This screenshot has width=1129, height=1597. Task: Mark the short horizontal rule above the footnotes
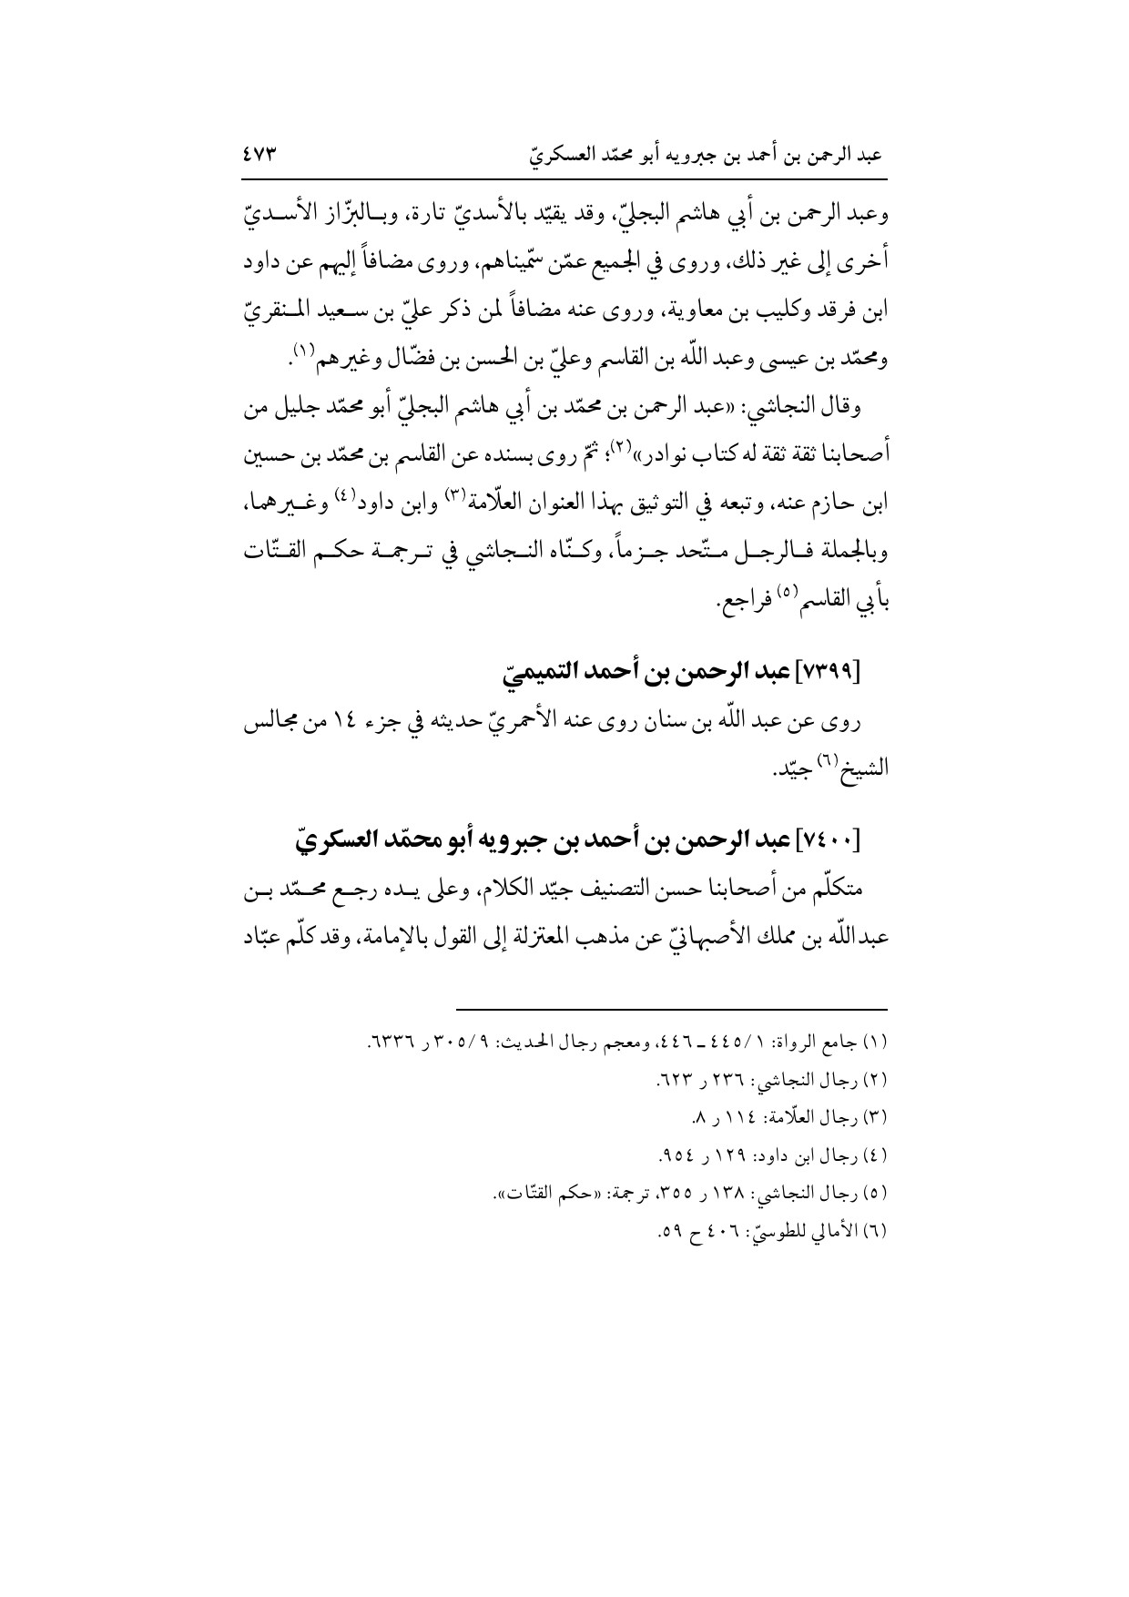(671, 1008)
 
